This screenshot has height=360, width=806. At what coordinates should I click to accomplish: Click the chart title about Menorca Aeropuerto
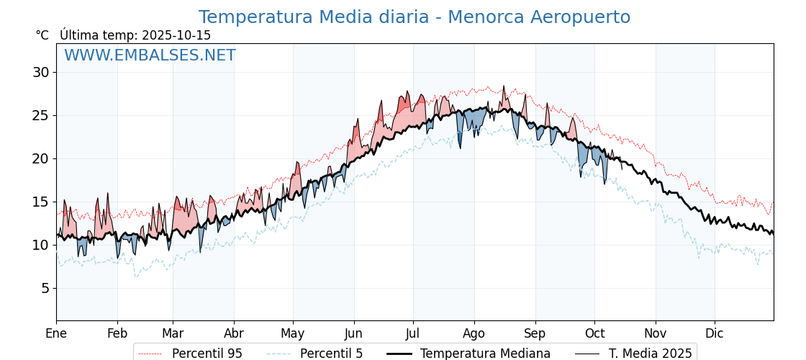tap(414, 17)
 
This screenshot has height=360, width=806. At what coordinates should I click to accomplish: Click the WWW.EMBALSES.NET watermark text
tap(150, 55)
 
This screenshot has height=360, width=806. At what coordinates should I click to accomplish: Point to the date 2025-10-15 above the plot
tap(176, 35)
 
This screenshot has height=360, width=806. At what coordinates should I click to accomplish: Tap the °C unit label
tap(42, 35)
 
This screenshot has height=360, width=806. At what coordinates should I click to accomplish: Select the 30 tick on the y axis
tap(40, 72)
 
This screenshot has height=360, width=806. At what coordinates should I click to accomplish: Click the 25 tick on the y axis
tap(40, 115)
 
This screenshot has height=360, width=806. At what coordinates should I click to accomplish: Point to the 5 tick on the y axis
tap(45, 288)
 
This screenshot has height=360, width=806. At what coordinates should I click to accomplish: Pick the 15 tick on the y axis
tap(40, 202)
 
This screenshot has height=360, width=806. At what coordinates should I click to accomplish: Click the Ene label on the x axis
tap(56, 333)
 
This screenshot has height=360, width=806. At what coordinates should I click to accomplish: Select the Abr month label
tap(234, 333)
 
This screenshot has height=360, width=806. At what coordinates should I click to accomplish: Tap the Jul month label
tap(413, 333)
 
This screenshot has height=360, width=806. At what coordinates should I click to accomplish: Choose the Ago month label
tap(474, 333)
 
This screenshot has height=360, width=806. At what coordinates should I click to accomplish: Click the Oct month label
tap(594, 333)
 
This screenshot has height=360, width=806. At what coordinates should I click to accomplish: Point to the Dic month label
tap(715, 333)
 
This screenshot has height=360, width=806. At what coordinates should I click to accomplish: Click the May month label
tap(293, 333)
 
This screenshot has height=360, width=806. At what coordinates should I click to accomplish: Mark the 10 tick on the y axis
tap(40, 245)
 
